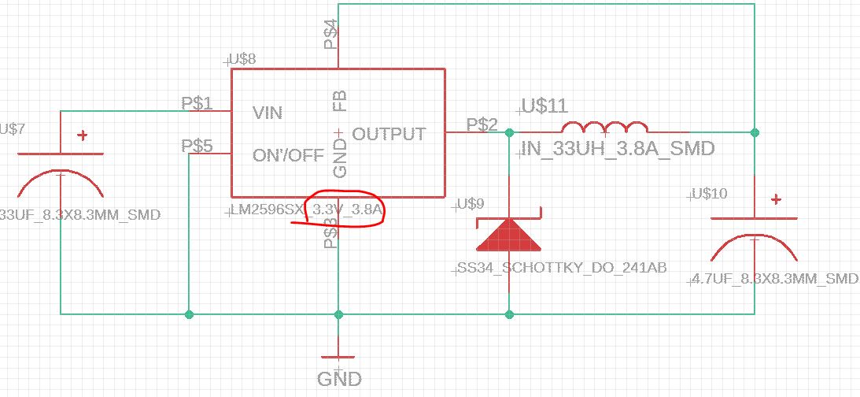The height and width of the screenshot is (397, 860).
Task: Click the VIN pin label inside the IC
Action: [x=267, y=113]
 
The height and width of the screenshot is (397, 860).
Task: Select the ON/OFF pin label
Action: [x=288, y=155]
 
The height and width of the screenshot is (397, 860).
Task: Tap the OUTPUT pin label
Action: [x=389, y=134]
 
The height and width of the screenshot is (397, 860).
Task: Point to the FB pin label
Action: [x=340, y=100]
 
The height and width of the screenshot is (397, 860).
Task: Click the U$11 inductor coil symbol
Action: [x=603, y=128]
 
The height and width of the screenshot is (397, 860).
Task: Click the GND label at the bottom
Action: [x=339, y=379]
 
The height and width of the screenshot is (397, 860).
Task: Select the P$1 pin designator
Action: [x=197, y=102]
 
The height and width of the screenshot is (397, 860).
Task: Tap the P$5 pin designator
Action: [x=197, y=146]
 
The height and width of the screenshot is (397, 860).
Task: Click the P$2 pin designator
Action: [x=482, y=124]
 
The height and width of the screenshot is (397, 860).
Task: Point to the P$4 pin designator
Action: [x=332, y=35]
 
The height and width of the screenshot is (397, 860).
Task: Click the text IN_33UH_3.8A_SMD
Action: [x=617, y=148]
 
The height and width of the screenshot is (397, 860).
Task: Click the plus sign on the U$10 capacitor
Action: [x=777, y=199]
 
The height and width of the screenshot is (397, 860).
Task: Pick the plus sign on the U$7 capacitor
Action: [x=82, y=135]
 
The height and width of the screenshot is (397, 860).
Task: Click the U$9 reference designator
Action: [x=470, y=205]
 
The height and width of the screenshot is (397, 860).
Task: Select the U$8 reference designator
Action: [x=241, y=58]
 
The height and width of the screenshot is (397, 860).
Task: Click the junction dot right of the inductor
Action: [x=755, y=132]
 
